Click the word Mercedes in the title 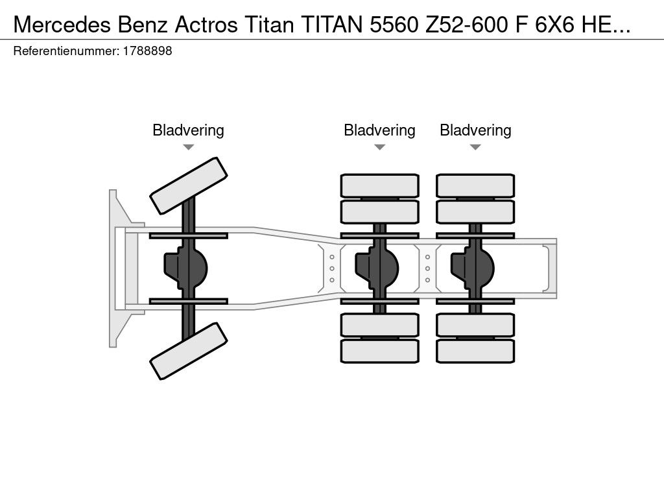pyautogui.click(x=62, y=25)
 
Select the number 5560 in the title pyautogui.click(x=394, y=25)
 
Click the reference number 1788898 pyautogui.click(x=147, y=51)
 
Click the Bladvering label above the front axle pyautogui.click(x=188, y=130)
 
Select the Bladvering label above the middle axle pyautogui.click(x=379, y=130)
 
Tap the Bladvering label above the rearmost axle pyautogui.click(x=475, y=130)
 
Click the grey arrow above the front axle pyautogui.click(x=189, y=147)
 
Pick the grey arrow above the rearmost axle pyautogui.click(x=475, y=147)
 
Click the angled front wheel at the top pyautogui.click(x=189, y=186)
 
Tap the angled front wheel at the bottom pyautogui.click(x=189, y=351)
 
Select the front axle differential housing pyautogui.click(x=186, y=268)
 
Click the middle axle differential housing pyautogui.click(x=377, y=268)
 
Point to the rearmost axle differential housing pyautogui.click(x=473, y=268)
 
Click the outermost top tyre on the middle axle pyautogui.click(x=380, y=185)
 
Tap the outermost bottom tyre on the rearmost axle pyautogui.click(x=475, y=351)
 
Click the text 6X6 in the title pyautogui.click(x=554, y=25)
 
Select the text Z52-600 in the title pyautogui.click(x=467, y=25)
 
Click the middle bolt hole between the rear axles pyautogui.click(x=428, y=268)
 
